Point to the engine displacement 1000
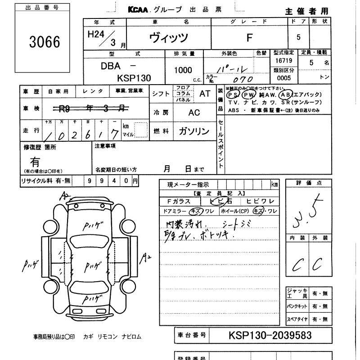[183, 70]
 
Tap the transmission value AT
[205, 94]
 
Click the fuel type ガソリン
[193, 131]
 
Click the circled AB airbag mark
[285, 95]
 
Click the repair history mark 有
[35, 161]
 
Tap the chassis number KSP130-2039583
[270, 335]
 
